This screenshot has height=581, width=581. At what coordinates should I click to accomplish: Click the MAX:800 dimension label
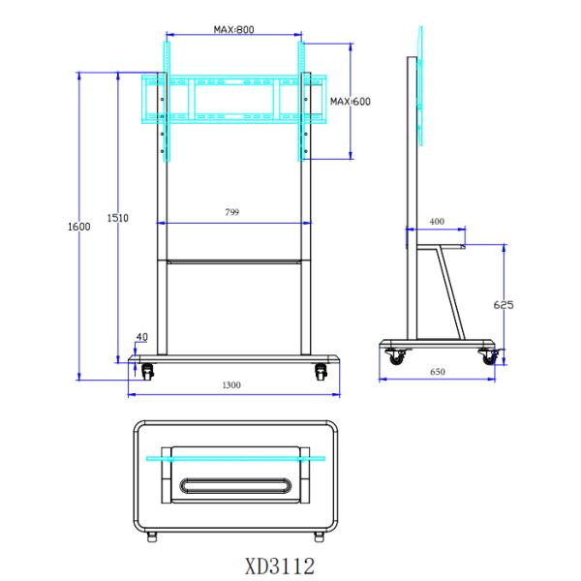pos(233,29)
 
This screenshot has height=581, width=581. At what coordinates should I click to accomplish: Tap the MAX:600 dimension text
pos(351,101)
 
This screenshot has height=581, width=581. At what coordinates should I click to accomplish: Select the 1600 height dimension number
pos(79,227)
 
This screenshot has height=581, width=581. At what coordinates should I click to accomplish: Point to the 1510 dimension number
pos(118,218)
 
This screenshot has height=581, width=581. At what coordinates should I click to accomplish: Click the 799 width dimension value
pos(232,212)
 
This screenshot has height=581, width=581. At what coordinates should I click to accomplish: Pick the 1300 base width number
pos(231,385)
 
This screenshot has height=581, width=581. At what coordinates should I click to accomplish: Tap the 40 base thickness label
pos(142,337)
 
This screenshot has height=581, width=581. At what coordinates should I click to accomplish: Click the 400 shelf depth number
pos(437,221)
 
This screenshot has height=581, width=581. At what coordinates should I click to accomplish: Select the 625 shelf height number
pos(504,305)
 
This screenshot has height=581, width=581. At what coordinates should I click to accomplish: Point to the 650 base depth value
pos(438,372)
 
